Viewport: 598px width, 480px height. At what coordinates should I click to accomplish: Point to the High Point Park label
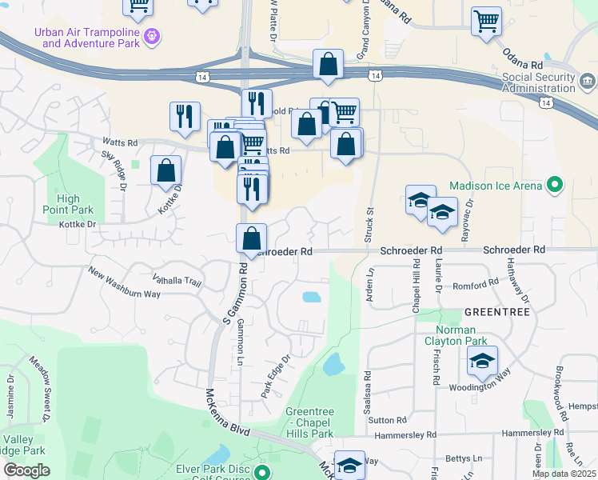pos(69,204)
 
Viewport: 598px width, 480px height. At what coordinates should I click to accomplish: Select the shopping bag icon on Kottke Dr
pos(165,170)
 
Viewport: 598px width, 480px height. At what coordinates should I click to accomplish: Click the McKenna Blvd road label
pos(226,411)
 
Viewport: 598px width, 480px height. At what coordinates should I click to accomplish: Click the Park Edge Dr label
pos(275,376)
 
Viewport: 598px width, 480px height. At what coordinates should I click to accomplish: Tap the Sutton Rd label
pos(389,419)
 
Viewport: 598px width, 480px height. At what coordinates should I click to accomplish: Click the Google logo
pos(26,470)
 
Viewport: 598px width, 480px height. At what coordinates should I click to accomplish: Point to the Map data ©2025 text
pos(564,474)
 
